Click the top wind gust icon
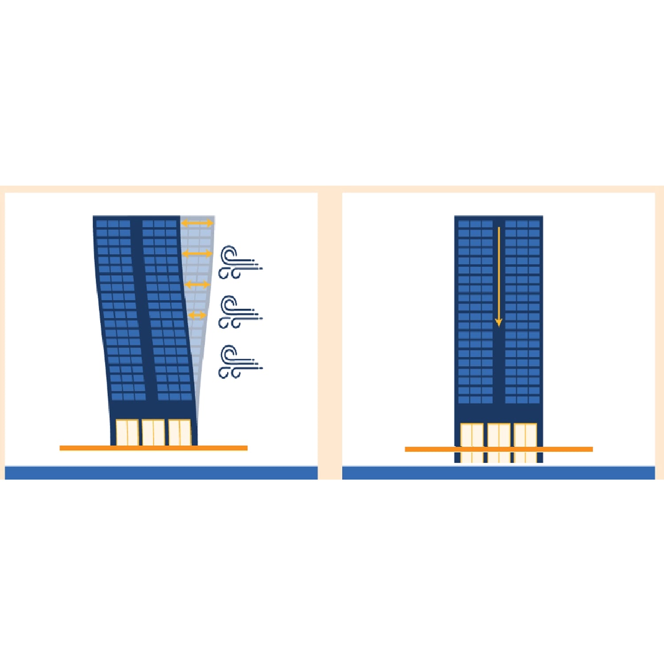239,263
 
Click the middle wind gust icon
239,313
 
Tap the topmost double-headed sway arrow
197,223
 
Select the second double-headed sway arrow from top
197,254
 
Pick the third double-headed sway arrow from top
197,284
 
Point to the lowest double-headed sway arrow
197,315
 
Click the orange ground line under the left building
153,448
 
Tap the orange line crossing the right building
498,449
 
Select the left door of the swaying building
127,432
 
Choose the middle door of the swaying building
153,432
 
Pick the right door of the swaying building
180,432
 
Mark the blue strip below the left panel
161,473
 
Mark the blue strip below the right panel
498,473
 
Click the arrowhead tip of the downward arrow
498,326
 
